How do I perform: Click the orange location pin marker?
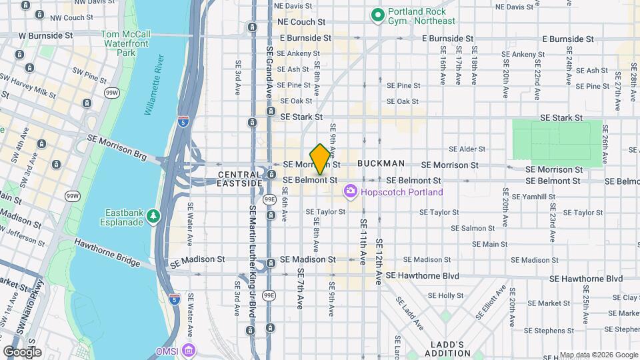click(x=320, y=159)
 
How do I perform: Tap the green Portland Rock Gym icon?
click(x=378, y=13)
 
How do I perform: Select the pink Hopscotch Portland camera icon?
click(x=350, y=192)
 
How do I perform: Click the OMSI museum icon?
click(x=189, y=349)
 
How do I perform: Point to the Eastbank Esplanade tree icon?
click(x=154, y=215)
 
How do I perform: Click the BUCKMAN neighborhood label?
click(x=381, y=163)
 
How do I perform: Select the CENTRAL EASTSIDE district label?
click(x=240, y=179)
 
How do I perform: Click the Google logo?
click(x=22, y=351)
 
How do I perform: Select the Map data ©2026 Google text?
click(x=599, y=355)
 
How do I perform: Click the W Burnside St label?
click(x=45, y=35)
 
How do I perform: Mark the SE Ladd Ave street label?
click(x=412, y=314)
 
